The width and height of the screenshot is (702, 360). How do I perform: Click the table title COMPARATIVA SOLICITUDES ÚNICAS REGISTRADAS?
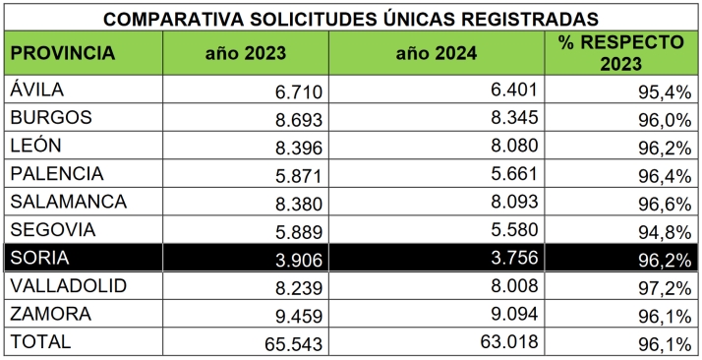pos(350,19)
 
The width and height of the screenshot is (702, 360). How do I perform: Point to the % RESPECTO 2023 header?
pos(618,52)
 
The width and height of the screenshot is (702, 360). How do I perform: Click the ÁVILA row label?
pos(37,90)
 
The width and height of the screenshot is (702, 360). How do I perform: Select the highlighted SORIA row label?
pos(38,259)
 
